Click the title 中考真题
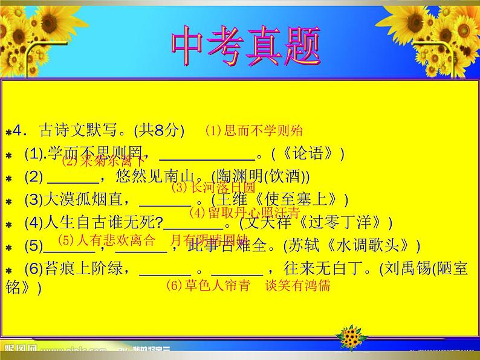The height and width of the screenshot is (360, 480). pos(244,46)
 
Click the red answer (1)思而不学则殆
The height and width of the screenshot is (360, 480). pos(253,130)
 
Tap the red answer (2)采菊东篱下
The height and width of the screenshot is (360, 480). pos(103,161)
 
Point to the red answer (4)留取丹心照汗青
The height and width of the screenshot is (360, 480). pos(244,213)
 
